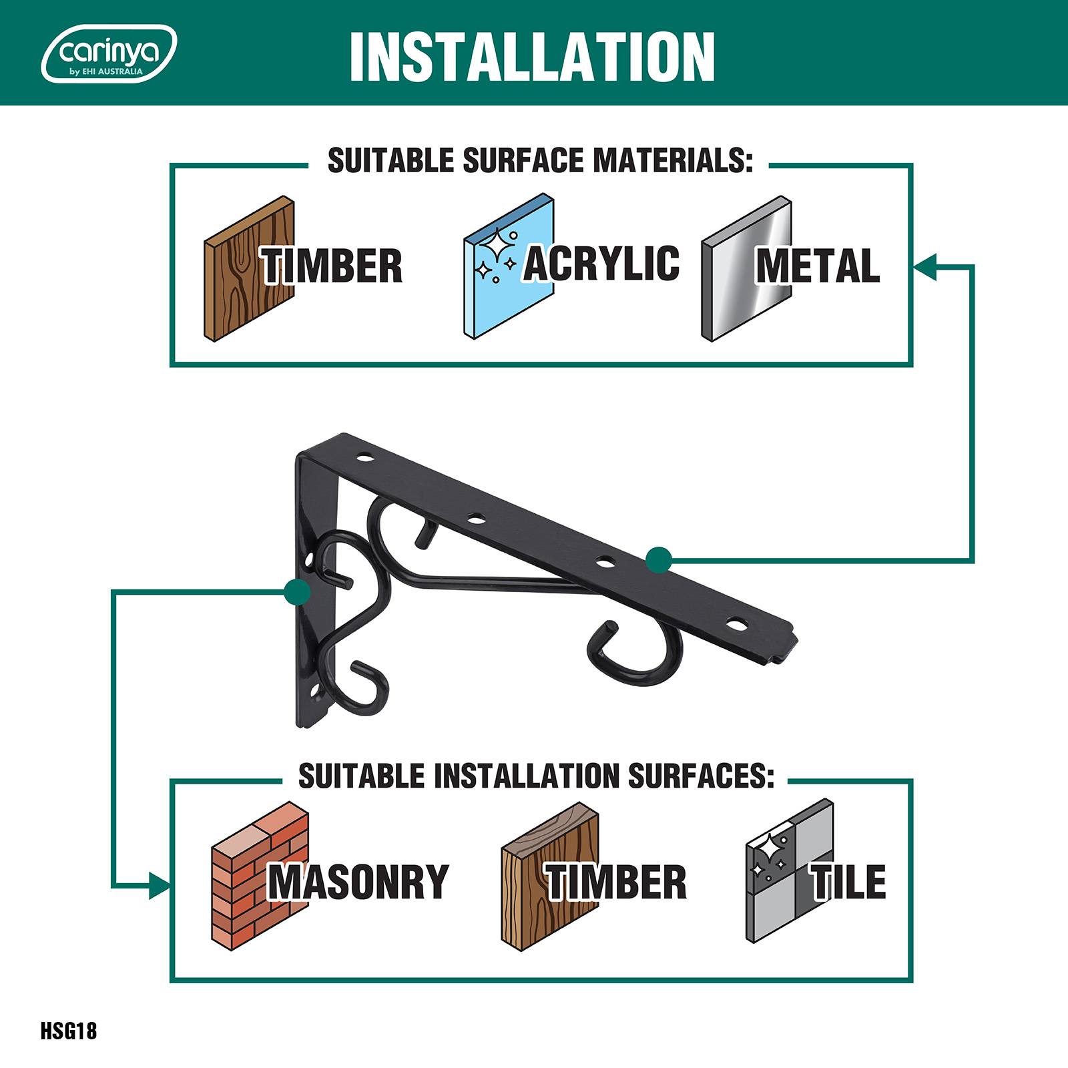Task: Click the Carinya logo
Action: tap(109, 53)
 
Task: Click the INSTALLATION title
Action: tap(532, 56)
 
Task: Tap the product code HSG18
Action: tap(69, 1031)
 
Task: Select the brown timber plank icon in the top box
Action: tap(249, 269)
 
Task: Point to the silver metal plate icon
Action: tap(746, 269)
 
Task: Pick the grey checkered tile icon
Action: tap(790, 871)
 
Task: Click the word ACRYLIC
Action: tap(601, 263)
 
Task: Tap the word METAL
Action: tap(818, 266)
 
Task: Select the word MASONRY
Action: tap(358, 882)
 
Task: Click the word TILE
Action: tap(848, 882)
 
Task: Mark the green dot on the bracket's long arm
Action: tap(659, 559)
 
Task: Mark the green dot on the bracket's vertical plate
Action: tap(296, 591)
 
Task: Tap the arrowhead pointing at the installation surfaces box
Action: tap(160, 886)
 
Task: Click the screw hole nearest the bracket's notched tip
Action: tap(737, 625)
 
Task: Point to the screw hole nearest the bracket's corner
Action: tap(364, 458)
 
